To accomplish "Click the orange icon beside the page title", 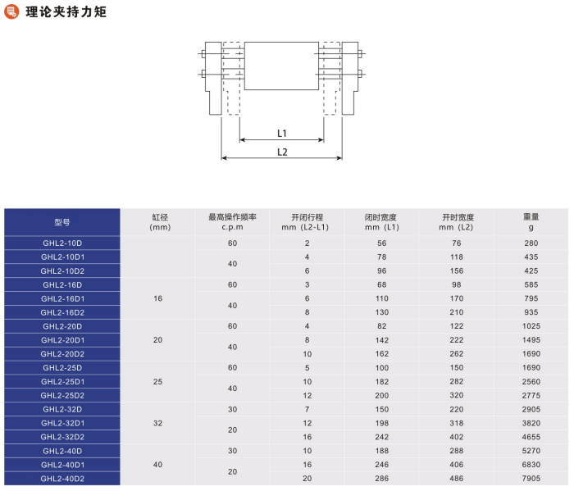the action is pyautogui.click(x=11, y=11).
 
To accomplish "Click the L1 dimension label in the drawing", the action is pyautogui.click(x=282, y=133).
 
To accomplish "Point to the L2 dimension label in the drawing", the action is pyautogui.click(x=282, y=152).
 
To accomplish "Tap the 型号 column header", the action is pyautogui.click(x=62, y=222).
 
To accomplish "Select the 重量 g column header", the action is pyautogui.click(x=531, y=222).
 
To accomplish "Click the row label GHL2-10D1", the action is pyautogui.click(x=62, y=257).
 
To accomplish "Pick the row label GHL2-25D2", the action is pyautogui.click(x=62, y=396).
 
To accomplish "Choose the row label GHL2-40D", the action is pyautogui.click(x=62, y=451).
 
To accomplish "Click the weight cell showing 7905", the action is pyautogui.click(x=531, y=479).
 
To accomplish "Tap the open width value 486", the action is pyautogui.click(x=457, y=479).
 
